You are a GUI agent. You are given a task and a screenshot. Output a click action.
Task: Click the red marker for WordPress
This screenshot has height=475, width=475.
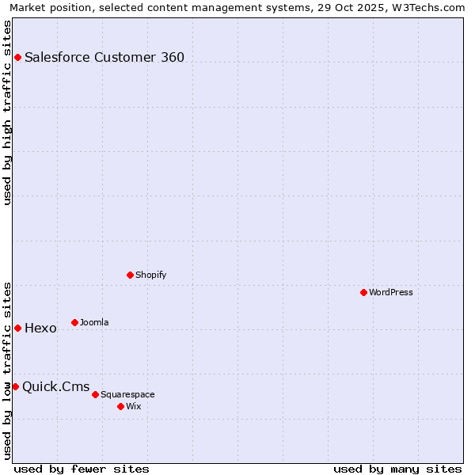pyautogui.click(x=363, y=292)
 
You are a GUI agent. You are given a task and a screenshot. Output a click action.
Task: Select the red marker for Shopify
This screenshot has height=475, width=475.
pyautogui.click(x=130, y=275)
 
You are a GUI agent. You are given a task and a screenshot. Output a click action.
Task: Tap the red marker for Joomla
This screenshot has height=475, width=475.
pyautogui.click(x=74, y=322)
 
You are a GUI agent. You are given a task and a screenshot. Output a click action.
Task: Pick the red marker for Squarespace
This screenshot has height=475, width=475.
pyautogui.click(x=95, y=394)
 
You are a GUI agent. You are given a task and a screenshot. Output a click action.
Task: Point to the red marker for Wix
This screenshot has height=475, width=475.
pyautogui.click(x=120, y=406)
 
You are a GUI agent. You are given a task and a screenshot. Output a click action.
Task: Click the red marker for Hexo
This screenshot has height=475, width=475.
pyautogui.click(x=17, y=328)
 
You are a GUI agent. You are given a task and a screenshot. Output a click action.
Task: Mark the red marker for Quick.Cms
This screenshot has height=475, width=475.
pyautogui.click(x=15, y=386)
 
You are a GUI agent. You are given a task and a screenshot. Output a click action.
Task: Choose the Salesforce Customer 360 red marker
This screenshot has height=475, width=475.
pyautogui.click(x=17, y=57)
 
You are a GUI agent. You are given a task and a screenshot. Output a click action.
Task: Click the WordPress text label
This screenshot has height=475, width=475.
pyautogui.click(x=391, y=292)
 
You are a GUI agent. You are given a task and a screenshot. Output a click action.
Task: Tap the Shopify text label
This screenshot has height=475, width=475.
pyautogui.click(x=150, y=275)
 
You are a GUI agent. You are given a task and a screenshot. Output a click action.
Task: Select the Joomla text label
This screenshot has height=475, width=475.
pyautogui.click(x=94, y=322)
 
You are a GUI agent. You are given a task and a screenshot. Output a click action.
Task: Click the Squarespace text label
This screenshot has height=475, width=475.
pyautogui.click(x=127, y=394)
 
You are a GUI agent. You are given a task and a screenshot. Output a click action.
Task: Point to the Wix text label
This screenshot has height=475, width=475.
pyautogui.click(x=134, y=406)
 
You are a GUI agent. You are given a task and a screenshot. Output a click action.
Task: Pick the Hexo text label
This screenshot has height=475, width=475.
pyautogui.click(x=40, y=329)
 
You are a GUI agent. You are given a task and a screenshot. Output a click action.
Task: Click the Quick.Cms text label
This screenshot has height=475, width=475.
pyautogui.click(x=55, y=387)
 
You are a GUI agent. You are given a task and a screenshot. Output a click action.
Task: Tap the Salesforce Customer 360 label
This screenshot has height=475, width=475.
pyautogui.click(x=104, y=57)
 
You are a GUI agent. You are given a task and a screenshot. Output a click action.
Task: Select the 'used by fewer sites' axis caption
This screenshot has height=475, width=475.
pyautogui.click(x=82, y=469)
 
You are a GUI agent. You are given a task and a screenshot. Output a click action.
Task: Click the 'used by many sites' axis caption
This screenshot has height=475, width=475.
pyautogui.click(x=397, y=469)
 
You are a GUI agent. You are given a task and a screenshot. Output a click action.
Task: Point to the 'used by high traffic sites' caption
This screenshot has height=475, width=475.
pyautogui.click(x=8, y=112)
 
